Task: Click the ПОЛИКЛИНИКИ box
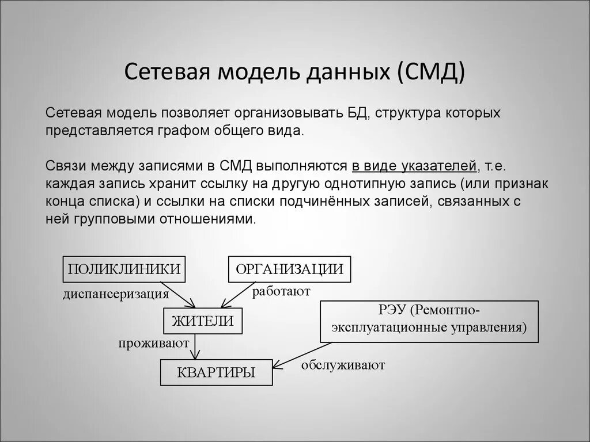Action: (x=124, y=269)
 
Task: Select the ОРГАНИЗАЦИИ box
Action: (x=289, y=269)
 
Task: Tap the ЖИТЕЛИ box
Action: (x=203, y=321)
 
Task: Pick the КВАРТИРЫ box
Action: (x=216, y=372)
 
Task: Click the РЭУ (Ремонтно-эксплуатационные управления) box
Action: (x=429, y=321)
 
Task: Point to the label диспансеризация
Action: (x=116, y=295)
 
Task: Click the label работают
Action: (x=281, y=291)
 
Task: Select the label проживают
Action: (x=154, y=344)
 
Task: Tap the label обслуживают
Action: (x=342, y=365)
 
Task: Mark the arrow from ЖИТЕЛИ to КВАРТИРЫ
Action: (x=197, y=346)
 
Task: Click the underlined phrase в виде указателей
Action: (x=414, y=166)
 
